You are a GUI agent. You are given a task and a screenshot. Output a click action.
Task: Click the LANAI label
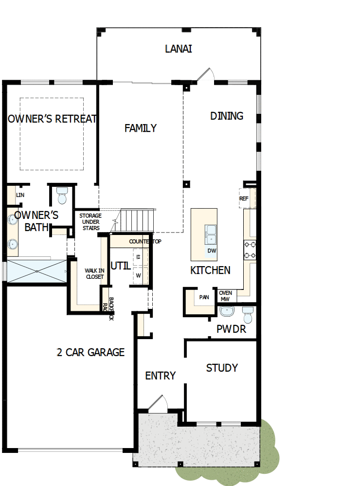179,49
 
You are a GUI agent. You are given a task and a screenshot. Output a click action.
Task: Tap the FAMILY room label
141,128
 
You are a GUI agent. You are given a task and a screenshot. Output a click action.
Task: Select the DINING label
227,116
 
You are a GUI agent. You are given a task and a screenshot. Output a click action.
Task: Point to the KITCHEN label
210,270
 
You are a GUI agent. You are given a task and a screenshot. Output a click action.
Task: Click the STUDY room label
222,368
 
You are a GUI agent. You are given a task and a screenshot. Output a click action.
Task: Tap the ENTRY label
161,376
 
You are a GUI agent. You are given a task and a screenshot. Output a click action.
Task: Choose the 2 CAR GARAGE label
91,352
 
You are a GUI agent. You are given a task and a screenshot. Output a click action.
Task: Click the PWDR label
232,329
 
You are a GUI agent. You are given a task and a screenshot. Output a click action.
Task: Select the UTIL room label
120,266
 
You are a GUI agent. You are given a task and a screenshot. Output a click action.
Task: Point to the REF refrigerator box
244,198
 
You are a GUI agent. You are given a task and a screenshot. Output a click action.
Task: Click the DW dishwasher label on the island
212,251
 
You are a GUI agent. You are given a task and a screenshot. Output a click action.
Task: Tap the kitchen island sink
211,234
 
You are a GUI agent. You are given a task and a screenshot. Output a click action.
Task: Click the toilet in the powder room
248,315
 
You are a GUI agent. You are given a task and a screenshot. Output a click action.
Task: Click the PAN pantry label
204,297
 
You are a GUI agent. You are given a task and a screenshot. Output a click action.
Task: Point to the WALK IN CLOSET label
94,273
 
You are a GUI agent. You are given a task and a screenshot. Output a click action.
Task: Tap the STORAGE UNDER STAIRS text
90,222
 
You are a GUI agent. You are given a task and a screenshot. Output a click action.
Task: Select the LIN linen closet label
20,195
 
